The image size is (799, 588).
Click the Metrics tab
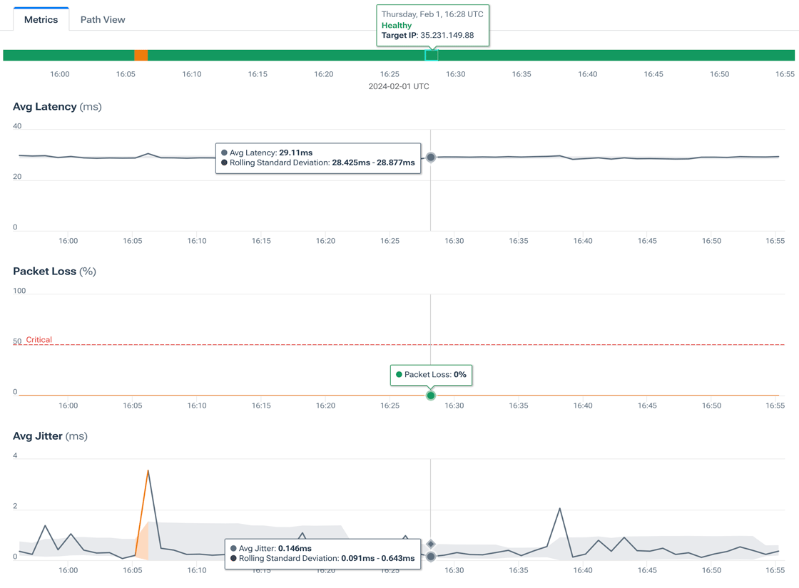pos(41,19)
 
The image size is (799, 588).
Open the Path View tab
pos(103,19)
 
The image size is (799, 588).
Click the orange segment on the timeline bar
pos(141,56)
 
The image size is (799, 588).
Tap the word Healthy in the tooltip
pos(397,25)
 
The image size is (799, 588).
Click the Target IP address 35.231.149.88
pos(447,35)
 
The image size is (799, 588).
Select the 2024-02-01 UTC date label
pos(399,86)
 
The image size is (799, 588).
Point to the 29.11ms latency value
pos(295,153)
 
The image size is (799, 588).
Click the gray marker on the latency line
pos(431,157)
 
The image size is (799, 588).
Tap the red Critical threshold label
pos(39,340)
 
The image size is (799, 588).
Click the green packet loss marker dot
pos(431,395)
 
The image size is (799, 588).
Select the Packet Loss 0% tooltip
pos(431,374)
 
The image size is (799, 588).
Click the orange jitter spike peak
pos(148,470)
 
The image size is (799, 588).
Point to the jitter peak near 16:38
pos(560,509)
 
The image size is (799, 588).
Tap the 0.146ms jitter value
pos(295,548)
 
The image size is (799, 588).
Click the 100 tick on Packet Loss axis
pos(19,291)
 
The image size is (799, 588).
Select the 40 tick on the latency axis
pos(17,126)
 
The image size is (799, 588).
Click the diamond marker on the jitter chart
pos(431,544)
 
